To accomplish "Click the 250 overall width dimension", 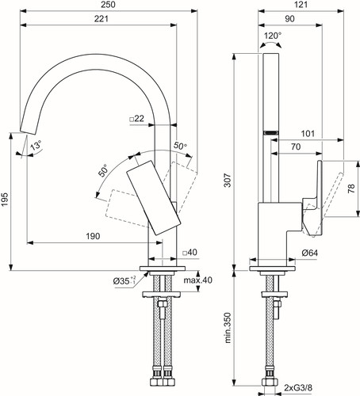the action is coord(109,5).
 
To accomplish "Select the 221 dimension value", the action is coord(101,19).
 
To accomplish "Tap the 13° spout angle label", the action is coord(36,146).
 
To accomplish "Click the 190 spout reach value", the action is coord(93,236).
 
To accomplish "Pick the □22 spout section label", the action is coord(137,119).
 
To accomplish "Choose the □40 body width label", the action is coord(190,253).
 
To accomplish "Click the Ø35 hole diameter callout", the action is coord(124,281).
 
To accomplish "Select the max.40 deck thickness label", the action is coord(198,280).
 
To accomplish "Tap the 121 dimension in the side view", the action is coord(301,5).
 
